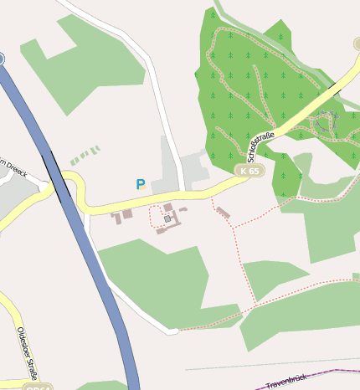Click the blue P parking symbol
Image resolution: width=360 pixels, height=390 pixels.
point(141,183)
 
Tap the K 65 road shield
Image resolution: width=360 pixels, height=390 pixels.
point(249,171)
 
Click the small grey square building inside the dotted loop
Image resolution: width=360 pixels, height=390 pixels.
point(167,218)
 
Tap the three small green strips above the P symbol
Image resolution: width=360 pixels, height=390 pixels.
point(85,156)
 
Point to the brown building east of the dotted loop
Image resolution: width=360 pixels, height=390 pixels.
point(223,213)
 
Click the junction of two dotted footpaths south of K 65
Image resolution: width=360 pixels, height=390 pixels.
point(232,227)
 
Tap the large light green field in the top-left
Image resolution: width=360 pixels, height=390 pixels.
point(84,63)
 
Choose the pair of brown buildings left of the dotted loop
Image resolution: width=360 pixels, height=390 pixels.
point(122,216)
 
